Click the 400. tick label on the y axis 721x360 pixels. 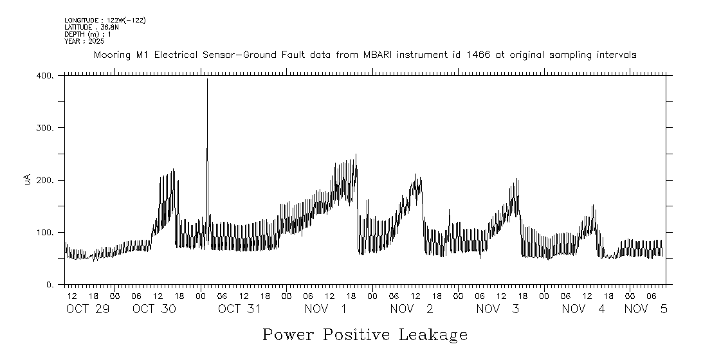coord(45,76)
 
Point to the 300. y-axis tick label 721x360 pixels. coord(45,128)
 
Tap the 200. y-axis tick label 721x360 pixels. coord(45,180)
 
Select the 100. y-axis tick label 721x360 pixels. coord(45,232)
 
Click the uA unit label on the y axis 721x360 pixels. coord(28,180)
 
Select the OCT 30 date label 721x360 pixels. coord(152,309)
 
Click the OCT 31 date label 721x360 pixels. coord(239,309)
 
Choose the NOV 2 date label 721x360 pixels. coord(411,309)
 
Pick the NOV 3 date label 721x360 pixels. coord(497,309)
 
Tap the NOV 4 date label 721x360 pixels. coord(583,309)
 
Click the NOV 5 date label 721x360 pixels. coord(646,309)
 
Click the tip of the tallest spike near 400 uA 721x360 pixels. coord(207,80)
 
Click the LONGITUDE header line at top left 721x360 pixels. coord(105,21)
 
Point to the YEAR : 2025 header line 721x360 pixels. coord(84,41)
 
